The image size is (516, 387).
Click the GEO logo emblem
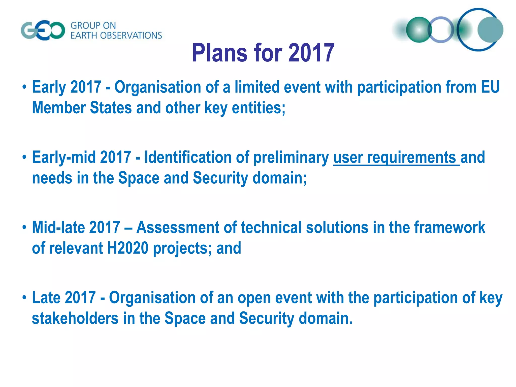click(43, 30)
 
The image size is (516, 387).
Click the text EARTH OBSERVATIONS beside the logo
click(116, 36)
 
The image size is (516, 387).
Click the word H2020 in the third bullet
click(128, 248)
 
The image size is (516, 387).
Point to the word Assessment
click(178, 228)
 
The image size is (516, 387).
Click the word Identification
click(188, 157)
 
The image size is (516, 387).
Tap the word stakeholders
click(75, 318)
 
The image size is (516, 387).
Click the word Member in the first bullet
click(59, 108)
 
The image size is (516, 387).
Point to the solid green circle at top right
click(419, 30)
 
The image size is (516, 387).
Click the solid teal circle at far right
click(490, 30)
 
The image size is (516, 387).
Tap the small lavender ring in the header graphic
click(441, 30)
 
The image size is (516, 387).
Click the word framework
click(450, 228)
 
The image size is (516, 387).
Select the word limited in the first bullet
click(257, 87)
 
